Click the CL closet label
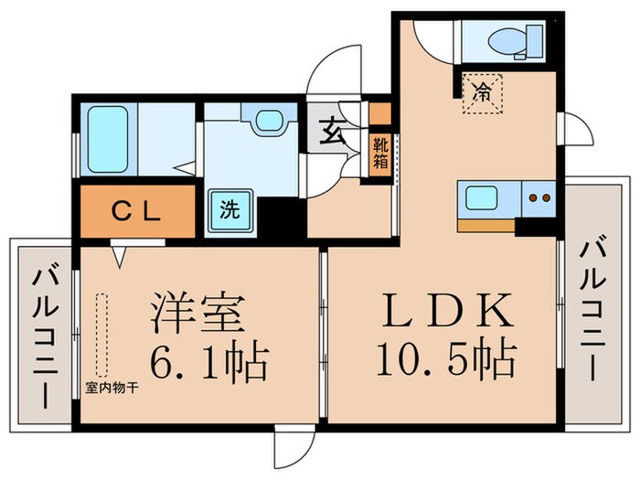(137, 210)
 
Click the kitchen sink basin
(481, 197)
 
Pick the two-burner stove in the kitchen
(539, 197)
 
